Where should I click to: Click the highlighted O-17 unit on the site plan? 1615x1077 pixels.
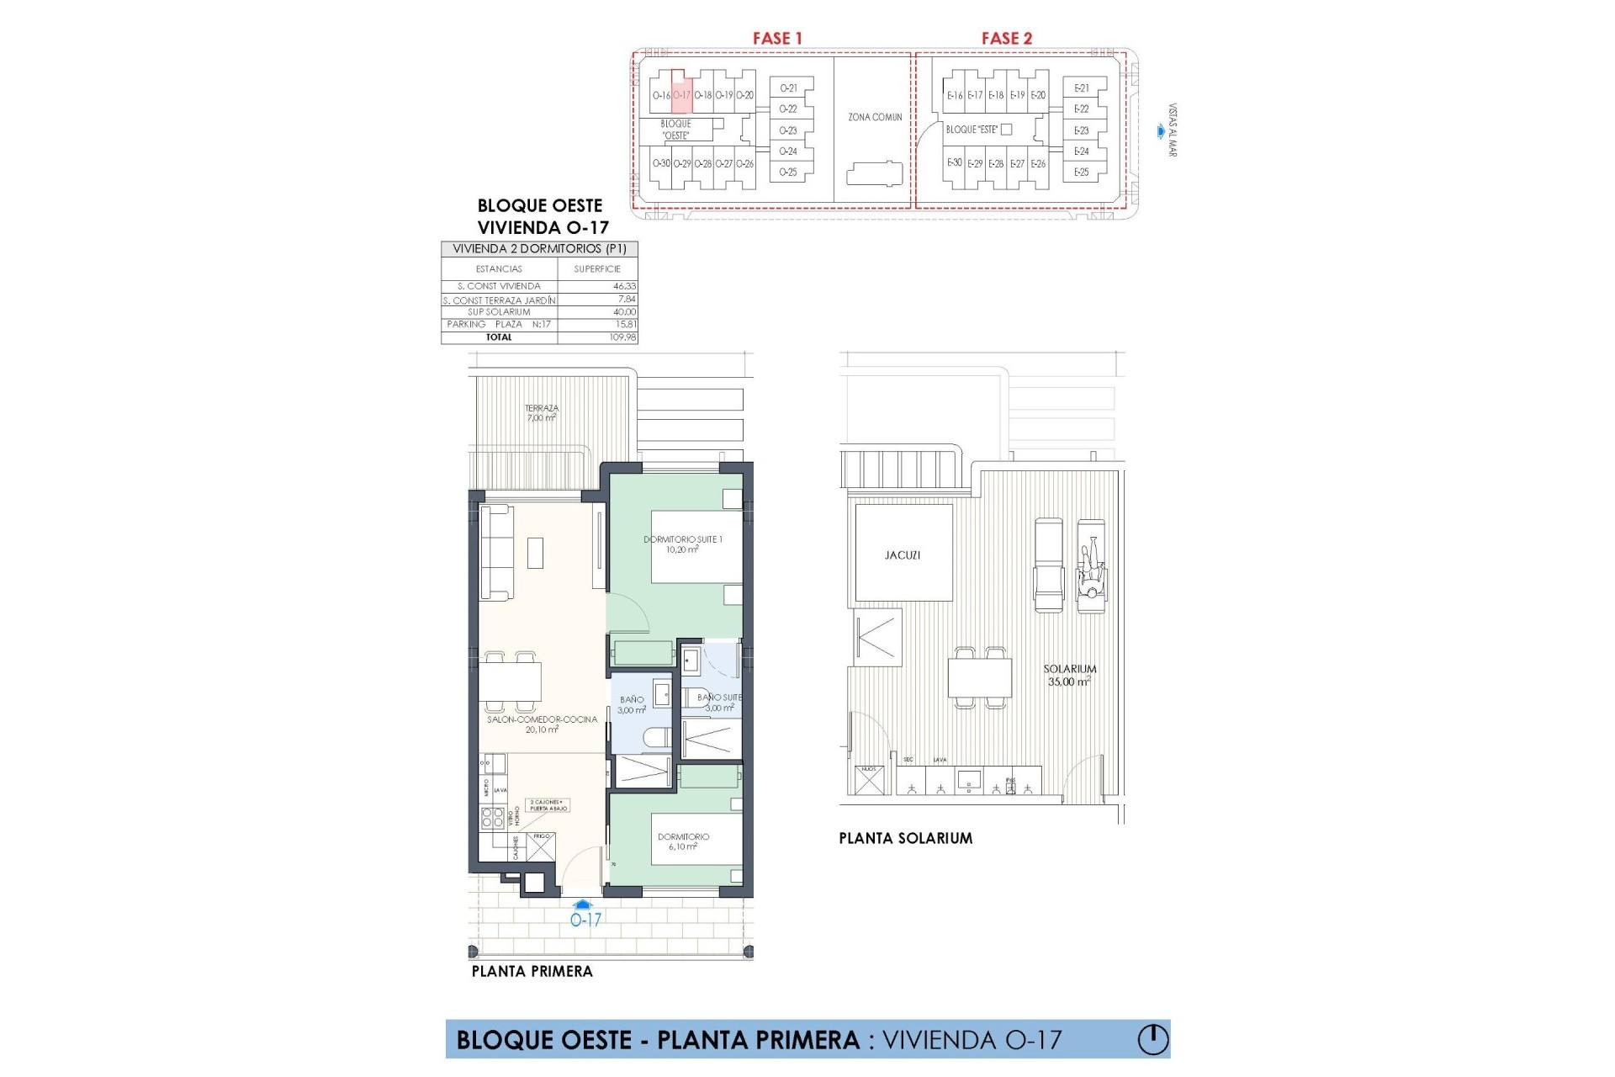tap(681, 95)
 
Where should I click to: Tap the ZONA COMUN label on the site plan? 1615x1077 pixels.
tap(875, 117)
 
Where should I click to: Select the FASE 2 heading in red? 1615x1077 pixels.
tap(1006, 38)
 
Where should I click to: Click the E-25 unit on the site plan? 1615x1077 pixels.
tap(1081, 172)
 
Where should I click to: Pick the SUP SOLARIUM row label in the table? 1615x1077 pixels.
tap(499, 312)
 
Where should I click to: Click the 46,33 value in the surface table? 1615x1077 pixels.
tap(624, 286)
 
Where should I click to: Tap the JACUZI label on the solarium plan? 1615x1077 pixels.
tap(903, 555)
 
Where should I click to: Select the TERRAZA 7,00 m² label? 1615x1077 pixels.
tap(542, 412)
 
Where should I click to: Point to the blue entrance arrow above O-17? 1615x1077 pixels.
tap(585, 904)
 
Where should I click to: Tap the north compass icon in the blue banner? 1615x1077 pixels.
tap(1153, 1040)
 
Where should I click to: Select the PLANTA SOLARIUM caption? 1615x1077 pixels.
tap(905, 838)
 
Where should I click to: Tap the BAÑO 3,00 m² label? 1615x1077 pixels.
tap(632, 704)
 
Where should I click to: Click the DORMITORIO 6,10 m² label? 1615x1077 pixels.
tap(683, 841)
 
